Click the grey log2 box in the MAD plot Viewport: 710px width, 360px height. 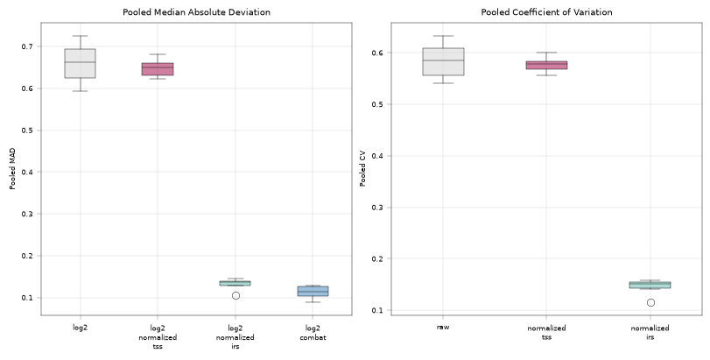coord(81,63)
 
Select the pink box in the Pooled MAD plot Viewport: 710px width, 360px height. coord(158,69)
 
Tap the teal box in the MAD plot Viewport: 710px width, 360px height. coord(235,283)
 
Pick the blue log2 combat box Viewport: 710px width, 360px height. coord(313,291)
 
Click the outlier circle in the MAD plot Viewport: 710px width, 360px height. coord(235,296)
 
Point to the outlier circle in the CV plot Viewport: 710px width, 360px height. coord(650,302)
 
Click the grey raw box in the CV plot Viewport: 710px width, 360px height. coord(443,61)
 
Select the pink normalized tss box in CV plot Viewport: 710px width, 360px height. coord(546,65)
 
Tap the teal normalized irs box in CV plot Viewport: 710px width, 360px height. coord(650,285)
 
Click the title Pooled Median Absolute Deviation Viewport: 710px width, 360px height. coord(196,12)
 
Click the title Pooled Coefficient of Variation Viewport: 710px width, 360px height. coord(546,12)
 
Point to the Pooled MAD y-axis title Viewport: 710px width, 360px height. coord(12,169)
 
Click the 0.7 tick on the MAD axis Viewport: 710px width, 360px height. coord(27,46)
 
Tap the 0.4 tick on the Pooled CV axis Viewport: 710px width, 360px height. coord(377,156)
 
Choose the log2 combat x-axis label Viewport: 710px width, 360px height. coord(313,332)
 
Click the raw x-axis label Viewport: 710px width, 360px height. coord(443,327)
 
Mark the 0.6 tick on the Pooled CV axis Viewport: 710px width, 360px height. coord(377,53)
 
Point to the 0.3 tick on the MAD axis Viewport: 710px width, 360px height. coord(27,214)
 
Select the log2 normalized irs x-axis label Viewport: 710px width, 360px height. coord(235,337)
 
